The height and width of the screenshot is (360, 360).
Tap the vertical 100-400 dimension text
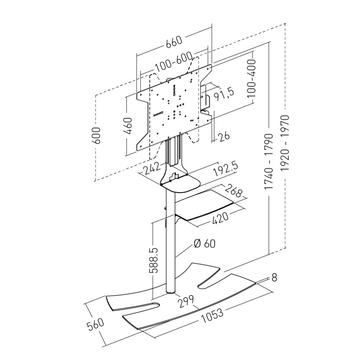pos(252,78)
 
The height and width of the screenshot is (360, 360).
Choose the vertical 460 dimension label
pos(128,126)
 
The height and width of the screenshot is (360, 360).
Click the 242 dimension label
pos(151,169)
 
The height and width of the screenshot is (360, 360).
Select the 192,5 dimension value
pos(225,170)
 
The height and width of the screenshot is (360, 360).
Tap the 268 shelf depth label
pos(234,191)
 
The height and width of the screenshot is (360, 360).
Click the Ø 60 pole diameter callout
pos(205,243)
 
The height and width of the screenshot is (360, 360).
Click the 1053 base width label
pos(212,316)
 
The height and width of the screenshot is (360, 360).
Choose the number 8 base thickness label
pos(274,278)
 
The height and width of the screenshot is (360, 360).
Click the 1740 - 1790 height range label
pos(269,162)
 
